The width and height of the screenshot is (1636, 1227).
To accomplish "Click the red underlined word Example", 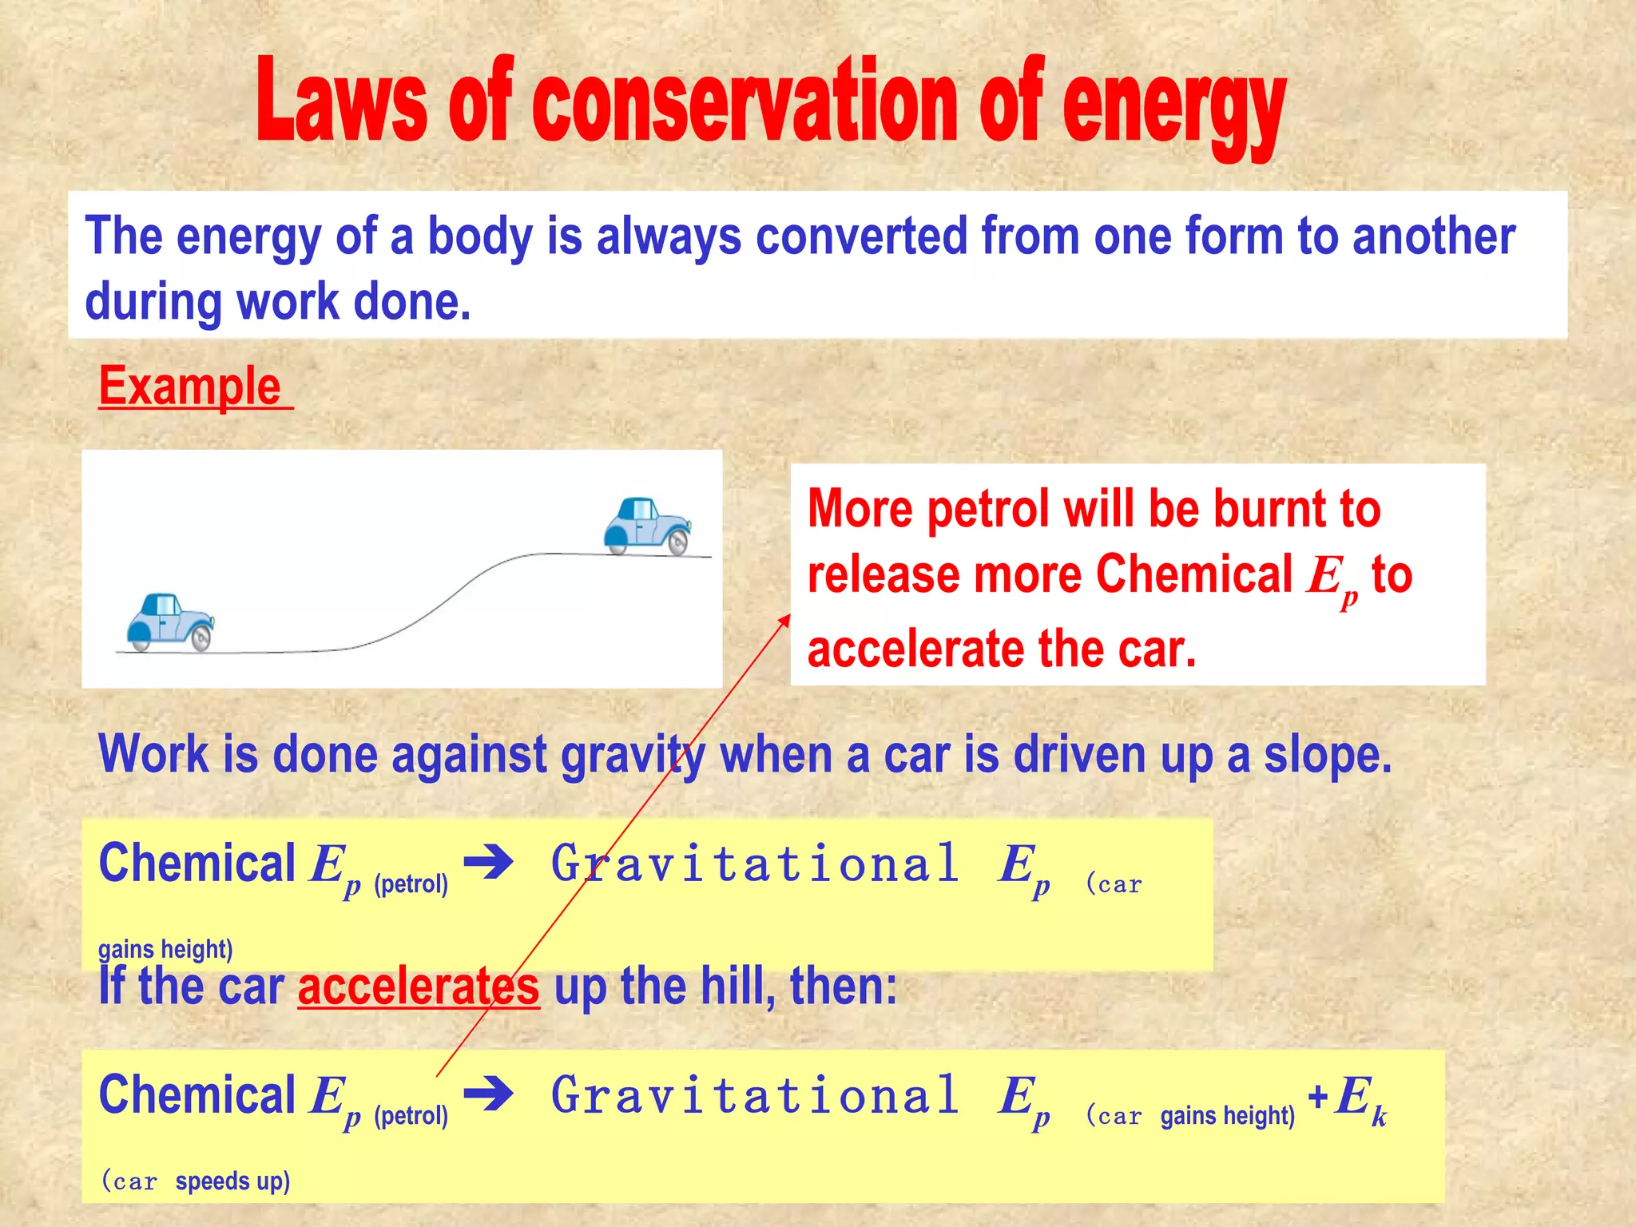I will [x=190, y=387].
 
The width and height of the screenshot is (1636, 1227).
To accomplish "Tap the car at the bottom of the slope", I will [x=170, y=622].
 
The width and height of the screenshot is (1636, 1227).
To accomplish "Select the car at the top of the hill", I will [x=647, y=526].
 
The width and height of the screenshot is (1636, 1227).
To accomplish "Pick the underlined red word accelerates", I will [x=419, y=987].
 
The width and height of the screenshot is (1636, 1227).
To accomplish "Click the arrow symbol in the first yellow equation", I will [x=488, y=863].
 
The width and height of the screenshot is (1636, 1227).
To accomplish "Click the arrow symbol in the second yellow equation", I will [x=488, y=1094].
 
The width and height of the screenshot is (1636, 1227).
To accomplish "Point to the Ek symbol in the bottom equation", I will [x=1360, y=1098].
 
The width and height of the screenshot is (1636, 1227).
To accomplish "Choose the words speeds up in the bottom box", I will [x=232, y=1181].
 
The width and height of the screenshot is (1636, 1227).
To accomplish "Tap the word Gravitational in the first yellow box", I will [x=755, y=864].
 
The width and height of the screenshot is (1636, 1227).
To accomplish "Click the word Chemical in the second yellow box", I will [x=197, y=1094].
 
